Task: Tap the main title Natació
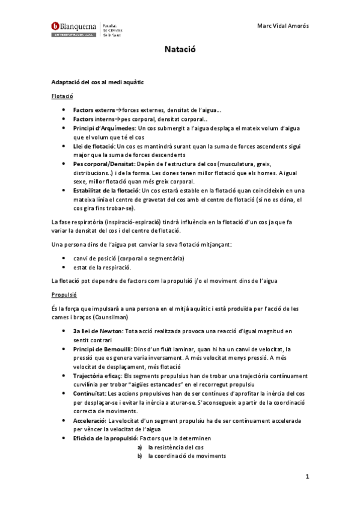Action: [x=179, y=52]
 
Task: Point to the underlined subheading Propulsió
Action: [x=64, y=295]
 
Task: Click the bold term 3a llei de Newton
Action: [x=97, y=331]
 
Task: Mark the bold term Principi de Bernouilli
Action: [x=102, y=349]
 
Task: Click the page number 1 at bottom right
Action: [x=307, y=478]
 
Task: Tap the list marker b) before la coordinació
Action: [x=140, y=455]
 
